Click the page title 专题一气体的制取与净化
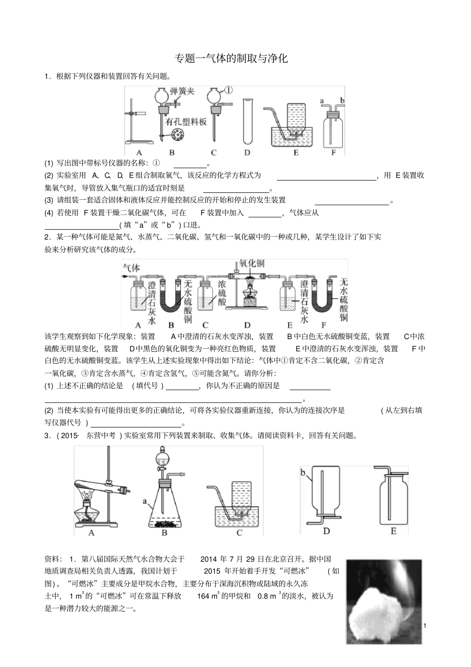(232, 59)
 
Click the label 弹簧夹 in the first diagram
(181, 91)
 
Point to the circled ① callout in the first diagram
(228, 90)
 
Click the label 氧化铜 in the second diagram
(251, 263)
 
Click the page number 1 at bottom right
(425, 626)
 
